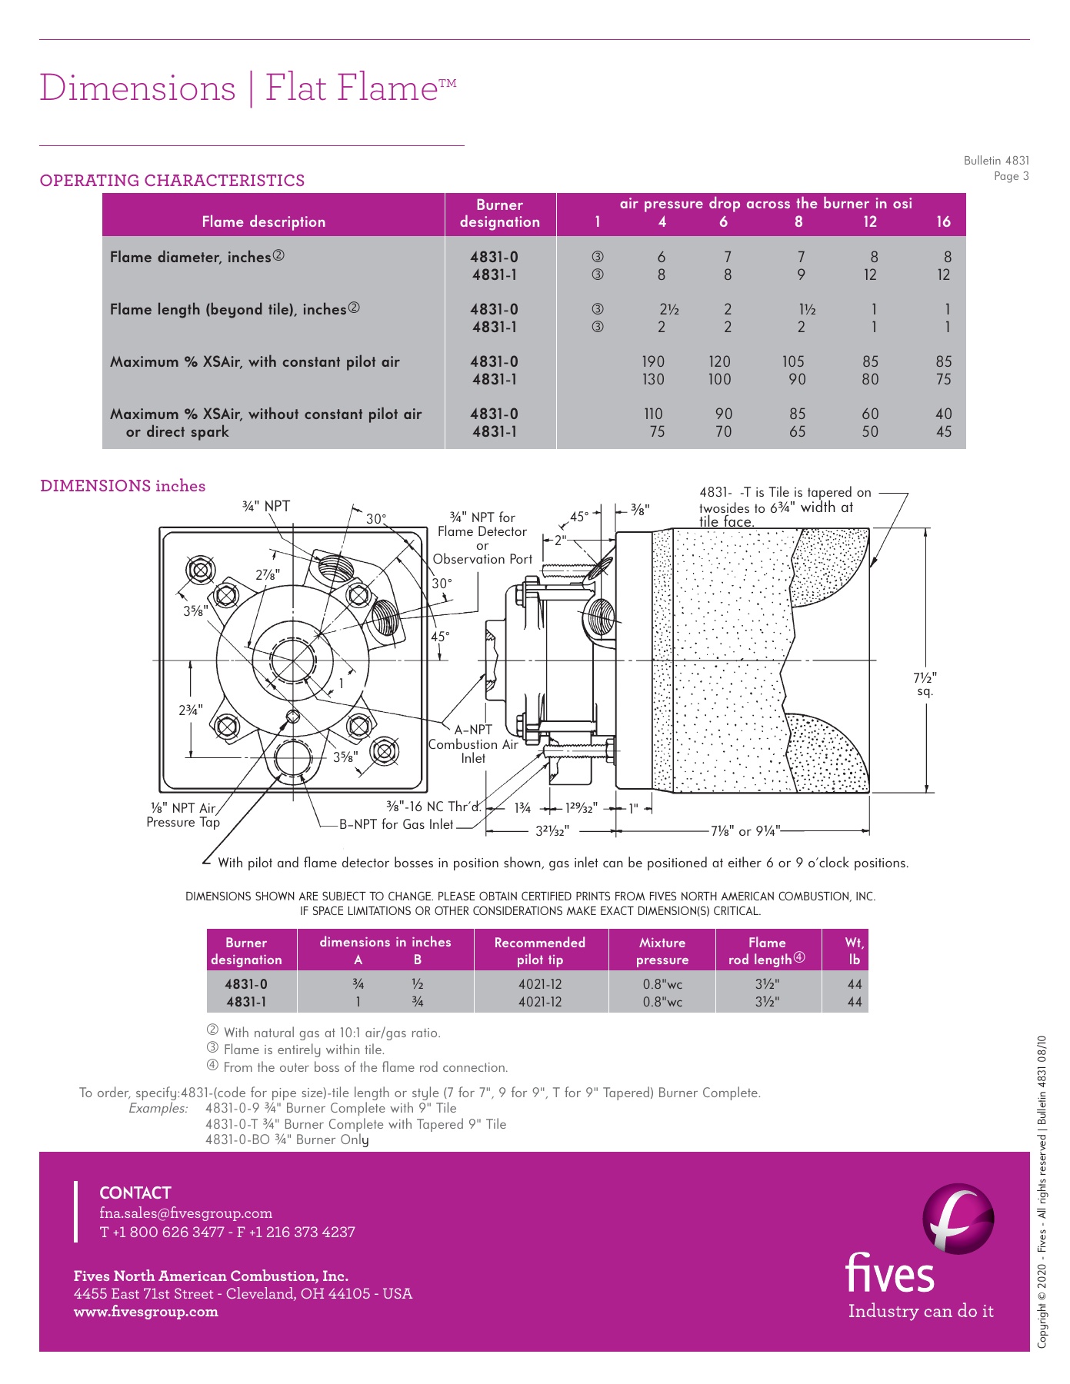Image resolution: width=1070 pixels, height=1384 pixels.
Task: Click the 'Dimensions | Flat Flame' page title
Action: click(248, 88)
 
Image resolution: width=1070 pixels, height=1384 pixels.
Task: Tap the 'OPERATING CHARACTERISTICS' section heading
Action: click(172, 181)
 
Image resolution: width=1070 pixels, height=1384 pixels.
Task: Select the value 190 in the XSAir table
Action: click(653, 361)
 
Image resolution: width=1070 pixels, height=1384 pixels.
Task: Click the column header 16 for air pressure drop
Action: click(943, 222)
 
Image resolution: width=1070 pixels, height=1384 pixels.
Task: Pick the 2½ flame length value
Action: click(669, 309)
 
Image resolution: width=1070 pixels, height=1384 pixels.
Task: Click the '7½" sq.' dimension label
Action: click(925, 684)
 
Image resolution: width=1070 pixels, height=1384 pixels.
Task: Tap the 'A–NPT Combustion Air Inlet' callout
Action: click(473, 744)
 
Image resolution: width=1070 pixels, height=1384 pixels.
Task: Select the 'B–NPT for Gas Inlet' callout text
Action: click(397, 824)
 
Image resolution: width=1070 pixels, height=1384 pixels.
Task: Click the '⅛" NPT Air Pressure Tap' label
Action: click(183, 815)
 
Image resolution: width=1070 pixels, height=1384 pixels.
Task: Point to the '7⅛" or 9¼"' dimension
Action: click(745, 830)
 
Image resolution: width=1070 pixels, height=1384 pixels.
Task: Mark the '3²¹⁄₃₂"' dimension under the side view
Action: click(552, 830)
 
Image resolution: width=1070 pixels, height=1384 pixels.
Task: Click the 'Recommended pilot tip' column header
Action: click(540, 951)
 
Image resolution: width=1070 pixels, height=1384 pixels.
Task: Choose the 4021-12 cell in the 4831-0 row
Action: click(540, 984)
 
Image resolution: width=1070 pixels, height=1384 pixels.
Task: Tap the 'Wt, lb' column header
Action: click(855, 951)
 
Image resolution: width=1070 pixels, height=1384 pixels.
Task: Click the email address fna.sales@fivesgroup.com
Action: click(186, 1213)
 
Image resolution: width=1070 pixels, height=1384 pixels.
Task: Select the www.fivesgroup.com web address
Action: click(146, 1312)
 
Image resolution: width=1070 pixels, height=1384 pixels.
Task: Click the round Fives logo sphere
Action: click(958, 1219)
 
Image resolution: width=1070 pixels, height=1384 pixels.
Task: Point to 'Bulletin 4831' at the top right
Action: click(996, 161)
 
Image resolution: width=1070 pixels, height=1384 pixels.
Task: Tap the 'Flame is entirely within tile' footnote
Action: click(303, 1050)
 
